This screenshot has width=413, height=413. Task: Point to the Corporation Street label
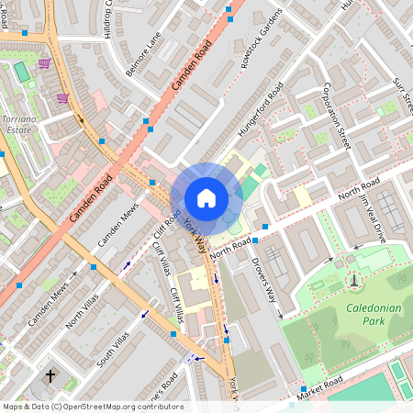pyautogui.click(x=338, y=117)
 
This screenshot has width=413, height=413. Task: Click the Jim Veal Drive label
pyautogui.click(x=373, y=218)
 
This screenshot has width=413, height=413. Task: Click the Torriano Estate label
pyautogui.click(x=19, y=125)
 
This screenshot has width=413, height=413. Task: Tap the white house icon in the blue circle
pyautogui.click(x=206, y=197)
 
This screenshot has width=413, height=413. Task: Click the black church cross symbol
pyautogui.click(x=50, y=376)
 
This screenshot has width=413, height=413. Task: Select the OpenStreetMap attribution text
pyautogui.click(x=92, y=407)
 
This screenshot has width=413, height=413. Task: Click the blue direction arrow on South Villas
pyautogui.click(x=143, y=314)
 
